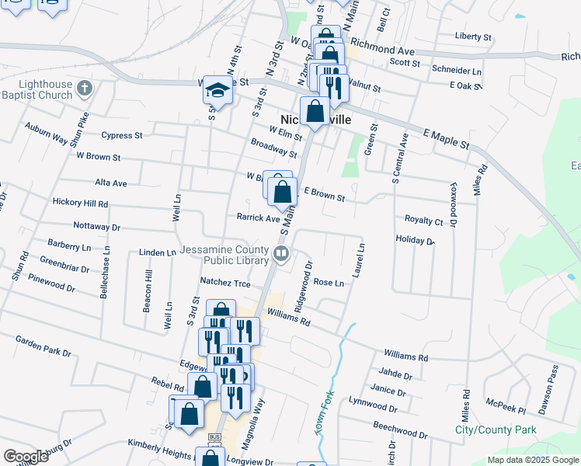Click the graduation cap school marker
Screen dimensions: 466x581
(217, 92)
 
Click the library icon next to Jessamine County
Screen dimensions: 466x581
(280, 252)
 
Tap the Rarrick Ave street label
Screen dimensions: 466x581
(258, 218)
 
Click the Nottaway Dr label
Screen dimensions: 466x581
(96, 228)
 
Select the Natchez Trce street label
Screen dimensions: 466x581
(225, 284)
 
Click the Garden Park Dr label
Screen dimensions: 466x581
(43, 343)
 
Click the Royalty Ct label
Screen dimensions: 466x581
(423, 221)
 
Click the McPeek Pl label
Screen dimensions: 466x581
(506, 406)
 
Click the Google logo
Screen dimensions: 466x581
(26, 457)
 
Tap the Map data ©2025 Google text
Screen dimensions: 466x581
(532, 460)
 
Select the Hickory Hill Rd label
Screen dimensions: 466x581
(80, 203)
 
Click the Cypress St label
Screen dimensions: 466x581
(116, 135)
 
